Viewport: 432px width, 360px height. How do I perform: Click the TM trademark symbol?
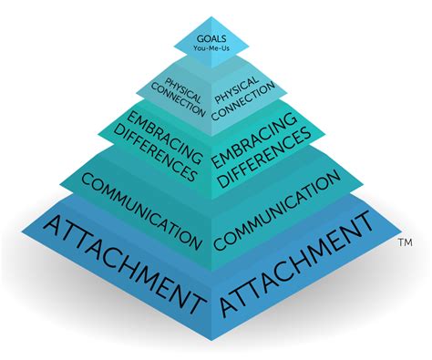point(406,244)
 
